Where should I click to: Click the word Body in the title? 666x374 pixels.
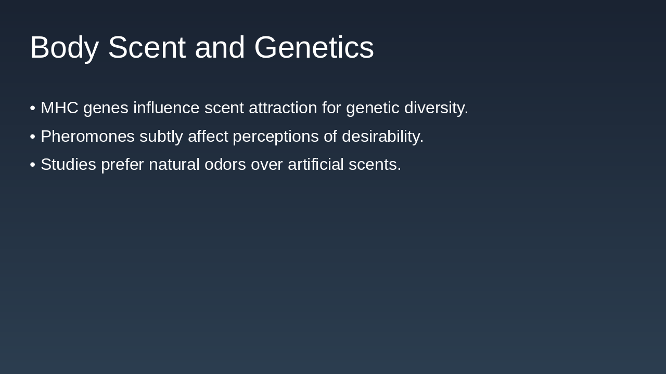(64, 48)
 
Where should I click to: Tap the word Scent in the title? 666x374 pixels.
(146, 48)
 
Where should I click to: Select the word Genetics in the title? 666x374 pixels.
(314, 48)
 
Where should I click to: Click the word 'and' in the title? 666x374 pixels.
(220, 48)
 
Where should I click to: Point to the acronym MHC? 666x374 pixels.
(59, 108)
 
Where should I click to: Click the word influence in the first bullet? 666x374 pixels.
(166, 108)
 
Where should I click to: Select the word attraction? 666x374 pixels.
(283, 108)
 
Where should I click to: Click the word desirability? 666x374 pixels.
(382, 137)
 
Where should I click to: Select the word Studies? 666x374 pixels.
(68, 165)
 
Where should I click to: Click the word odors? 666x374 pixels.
(225, 165)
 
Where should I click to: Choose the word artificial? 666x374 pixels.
(315, 165)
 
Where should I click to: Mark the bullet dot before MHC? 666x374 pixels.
(33, 108)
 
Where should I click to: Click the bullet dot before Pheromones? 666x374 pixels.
(33, 137)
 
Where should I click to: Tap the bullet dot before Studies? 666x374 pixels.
(33, 165)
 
